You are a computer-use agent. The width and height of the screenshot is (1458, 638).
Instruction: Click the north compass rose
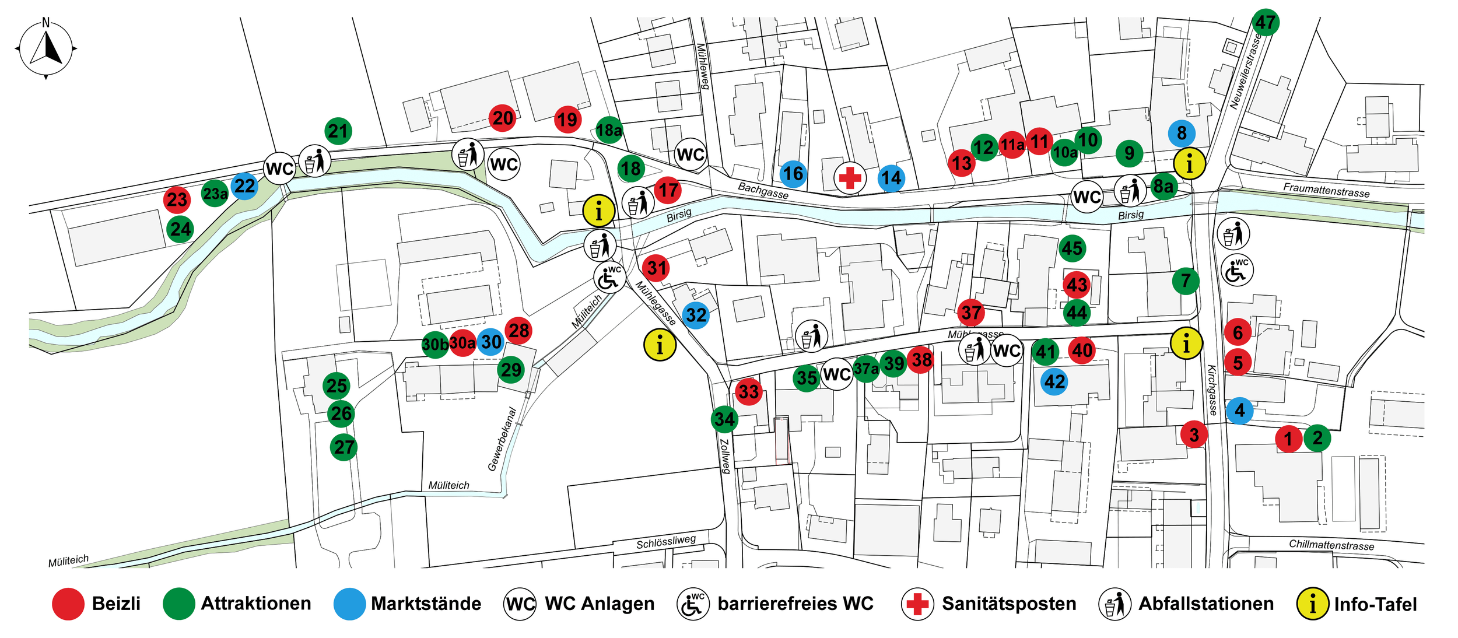click(x=46, y=49)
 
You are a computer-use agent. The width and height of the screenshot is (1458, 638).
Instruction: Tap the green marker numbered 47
click(x=1265, y=23)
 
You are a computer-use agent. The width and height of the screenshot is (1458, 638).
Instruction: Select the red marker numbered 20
click(x=503, y=118)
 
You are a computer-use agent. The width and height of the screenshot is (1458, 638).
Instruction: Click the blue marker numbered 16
click(x=793, y=174)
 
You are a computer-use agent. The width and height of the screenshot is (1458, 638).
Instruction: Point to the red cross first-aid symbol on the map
click(x=850, y=178)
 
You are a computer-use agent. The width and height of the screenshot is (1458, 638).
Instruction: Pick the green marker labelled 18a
click(x=609, y=130)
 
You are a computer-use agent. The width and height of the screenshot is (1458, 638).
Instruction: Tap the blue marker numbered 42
click(x=1054, y=382)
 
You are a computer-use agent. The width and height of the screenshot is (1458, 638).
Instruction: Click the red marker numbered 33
click(x=749, y=391)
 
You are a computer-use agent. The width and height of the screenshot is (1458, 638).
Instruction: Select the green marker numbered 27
click(x=344, y=447)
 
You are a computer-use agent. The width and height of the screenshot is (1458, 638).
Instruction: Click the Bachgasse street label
click(x=763, y=190)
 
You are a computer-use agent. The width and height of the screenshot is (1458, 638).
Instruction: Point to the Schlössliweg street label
click(x=666, y=542)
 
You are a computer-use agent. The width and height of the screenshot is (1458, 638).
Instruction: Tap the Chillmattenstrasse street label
click(x=1331, y=545)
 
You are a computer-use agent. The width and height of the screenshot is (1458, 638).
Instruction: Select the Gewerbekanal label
click(x=502, y=439)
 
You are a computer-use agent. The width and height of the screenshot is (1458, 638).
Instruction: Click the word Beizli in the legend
click(x=116, y=604)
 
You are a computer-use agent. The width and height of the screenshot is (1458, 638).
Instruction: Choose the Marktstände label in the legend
click(x=426, y=604)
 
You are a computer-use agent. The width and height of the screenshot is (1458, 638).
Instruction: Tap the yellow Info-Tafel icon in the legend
click(x=1312, y=604)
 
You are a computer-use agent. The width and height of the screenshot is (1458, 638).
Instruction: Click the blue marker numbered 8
click(x=1182, y=133)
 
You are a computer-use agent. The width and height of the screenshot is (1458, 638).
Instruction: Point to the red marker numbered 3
click(x=1194, y=434)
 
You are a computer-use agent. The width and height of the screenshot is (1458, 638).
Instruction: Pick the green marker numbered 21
click(x=338, y=131)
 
